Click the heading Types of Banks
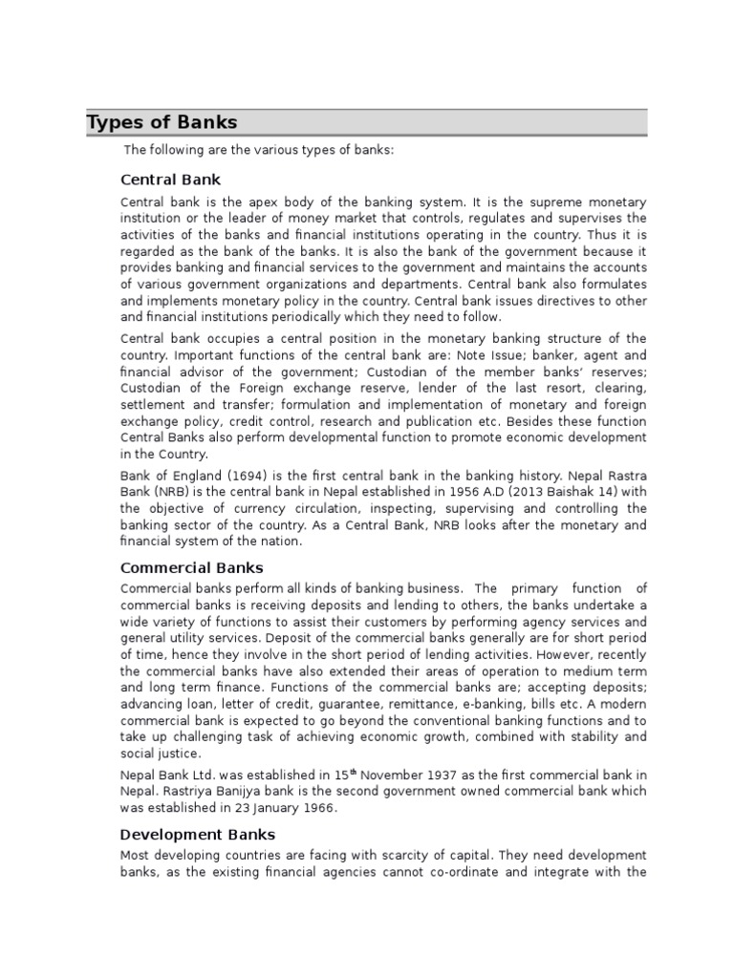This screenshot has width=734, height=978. pyautogui.click(x=162, y=123)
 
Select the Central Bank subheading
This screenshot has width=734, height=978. pyautogui.click(x=171, y=179)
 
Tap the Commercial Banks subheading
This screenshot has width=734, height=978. pyautogui.click(x=191, y=567)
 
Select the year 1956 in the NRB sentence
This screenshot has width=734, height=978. pyautogui.click(x=451, y=492)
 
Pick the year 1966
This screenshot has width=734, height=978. pyautogui.click(x=318, y=807)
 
